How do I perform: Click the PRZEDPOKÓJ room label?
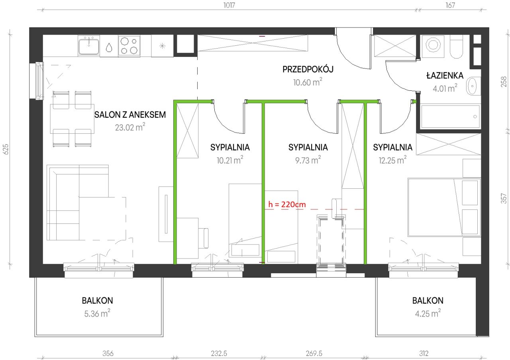308,69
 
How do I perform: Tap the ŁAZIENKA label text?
445,75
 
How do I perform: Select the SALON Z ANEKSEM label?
130,115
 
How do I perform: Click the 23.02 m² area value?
130,127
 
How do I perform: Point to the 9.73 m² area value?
308,160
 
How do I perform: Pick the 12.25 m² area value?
392,160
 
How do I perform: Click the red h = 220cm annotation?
287,204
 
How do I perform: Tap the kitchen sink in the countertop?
89,46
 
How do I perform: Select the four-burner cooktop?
129,46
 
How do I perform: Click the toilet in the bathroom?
456,47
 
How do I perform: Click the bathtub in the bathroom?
450,117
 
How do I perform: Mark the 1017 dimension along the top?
229,5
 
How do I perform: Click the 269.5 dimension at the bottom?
314,353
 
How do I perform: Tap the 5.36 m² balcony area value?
97,313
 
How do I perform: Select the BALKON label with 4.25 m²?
428,301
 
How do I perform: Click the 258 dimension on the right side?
504,82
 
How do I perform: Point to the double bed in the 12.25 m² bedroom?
444,207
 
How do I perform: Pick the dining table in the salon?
72,119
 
